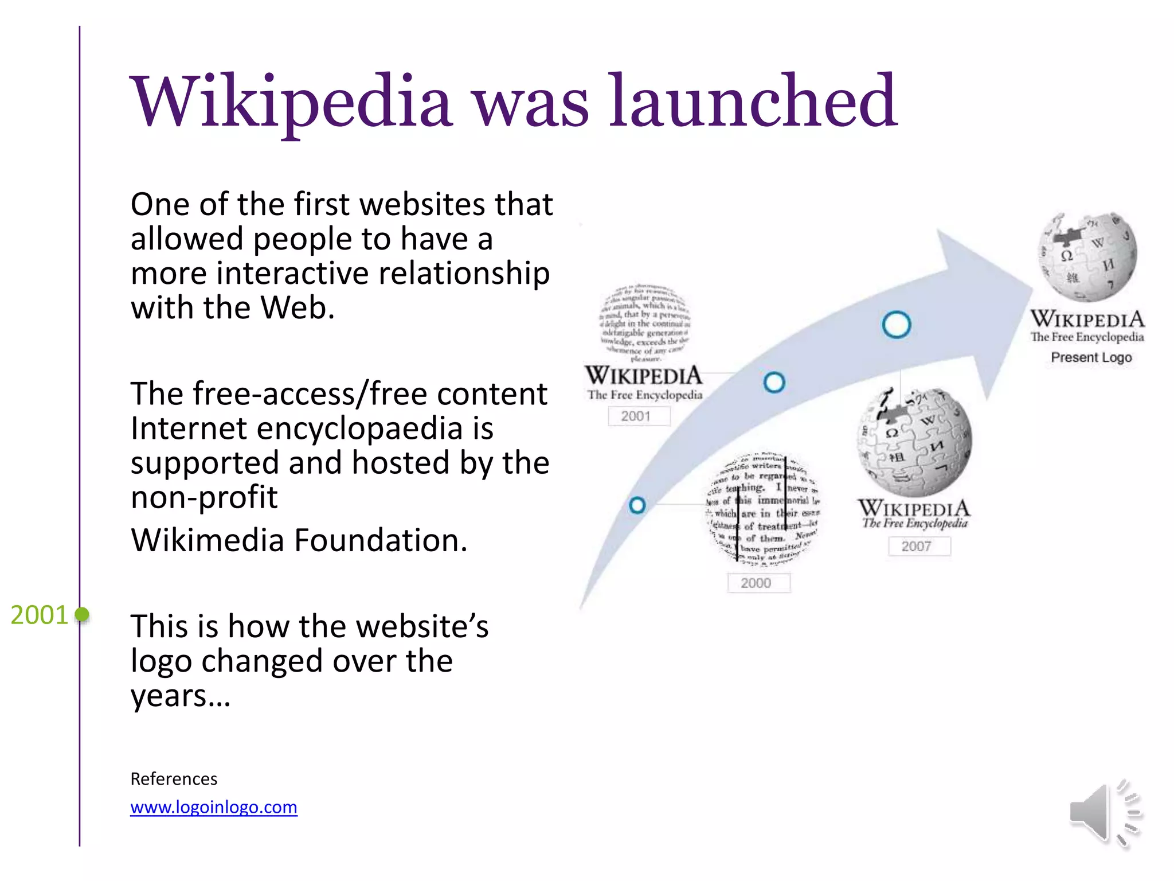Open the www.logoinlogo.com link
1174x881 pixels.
point(214,807)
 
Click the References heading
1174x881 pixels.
point(174,779)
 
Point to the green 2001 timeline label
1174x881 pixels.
point(39,615)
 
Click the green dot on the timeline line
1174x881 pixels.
point(83,615)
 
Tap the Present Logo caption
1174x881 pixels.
point(1091,357)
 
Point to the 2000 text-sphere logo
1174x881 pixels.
point(763,507)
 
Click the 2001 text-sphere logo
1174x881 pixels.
point(644,322)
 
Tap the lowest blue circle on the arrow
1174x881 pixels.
point(637,505)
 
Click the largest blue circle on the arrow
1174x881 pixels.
point(896,325)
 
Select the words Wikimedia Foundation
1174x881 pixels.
point(299,540)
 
